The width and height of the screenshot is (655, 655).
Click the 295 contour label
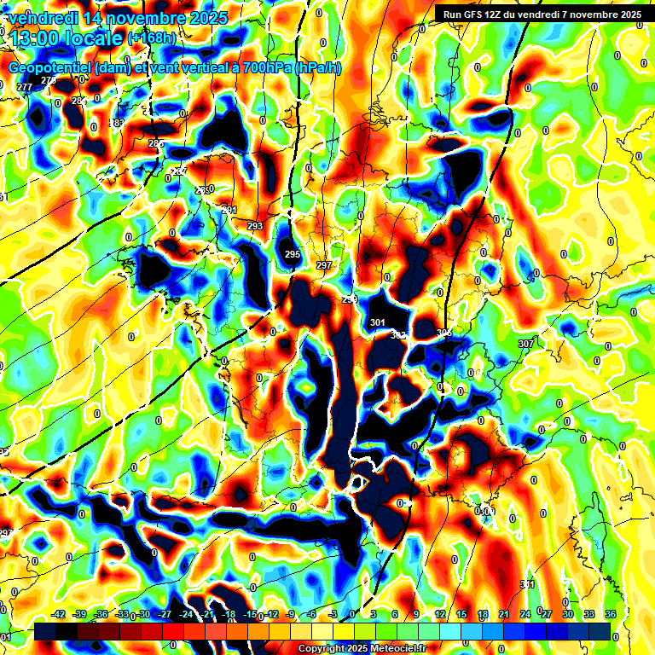click(293, 254)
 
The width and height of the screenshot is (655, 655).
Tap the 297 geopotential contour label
click(324, 266)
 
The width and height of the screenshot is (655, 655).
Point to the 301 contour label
click(378, 322)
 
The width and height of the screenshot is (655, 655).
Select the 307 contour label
click(525, 343)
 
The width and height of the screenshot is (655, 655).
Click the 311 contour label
click(527, 584)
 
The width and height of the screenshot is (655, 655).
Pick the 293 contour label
click(255, 226)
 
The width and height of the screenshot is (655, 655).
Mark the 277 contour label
click(24, 87)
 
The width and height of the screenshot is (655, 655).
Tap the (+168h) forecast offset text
click(152, 38)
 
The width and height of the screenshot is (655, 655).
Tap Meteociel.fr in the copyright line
click(394, 649)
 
